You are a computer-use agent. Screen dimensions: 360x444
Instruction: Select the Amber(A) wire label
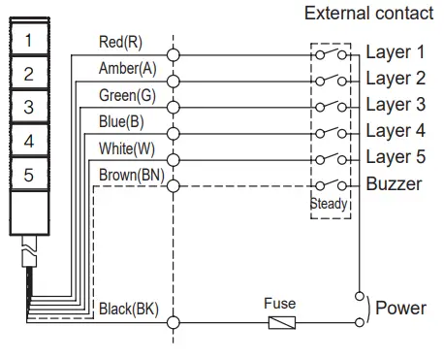pyautogui.click(x=126, y=69)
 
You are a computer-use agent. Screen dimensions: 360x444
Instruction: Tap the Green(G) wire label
pyautogui.click(x=126, y=95)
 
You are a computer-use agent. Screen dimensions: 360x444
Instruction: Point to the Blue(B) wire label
pyautogui.click(x=122, y=121)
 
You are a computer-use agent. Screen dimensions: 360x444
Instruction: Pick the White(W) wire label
pyautogui.click(x=126, y=147)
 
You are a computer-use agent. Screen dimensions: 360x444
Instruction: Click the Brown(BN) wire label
pyautogui.click(x=131, y=174)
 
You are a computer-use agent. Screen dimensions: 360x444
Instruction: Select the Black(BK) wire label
pyautogui.click(x=129, y=310)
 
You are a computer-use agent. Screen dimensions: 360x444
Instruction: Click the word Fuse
pyautogui.click(x=280, y=303)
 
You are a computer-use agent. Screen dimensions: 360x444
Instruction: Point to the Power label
pyautogui.click(x=400, y=308)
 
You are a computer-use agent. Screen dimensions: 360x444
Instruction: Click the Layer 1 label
pyautogui.click(x=395, y=52)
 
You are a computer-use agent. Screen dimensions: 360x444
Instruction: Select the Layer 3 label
pyautogui.click(x=395, y=105)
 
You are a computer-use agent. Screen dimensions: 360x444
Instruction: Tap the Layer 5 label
pyautogui.click(x=395, y=157)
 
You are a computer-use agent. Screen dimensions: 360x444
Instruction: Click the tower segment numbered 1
pyautogui.click(x=29, y=41)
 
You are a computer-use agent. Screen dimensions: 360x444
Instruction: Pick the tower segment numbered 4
pyautogui.click(x=29, y=141)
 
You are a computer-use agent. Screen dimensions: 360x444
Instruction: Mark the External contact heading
pyautogui.click(x=368, y=15)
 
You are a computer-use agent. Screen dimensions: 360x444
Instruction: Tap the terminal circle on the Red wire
pyautogui.click(x=174, y=55)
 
